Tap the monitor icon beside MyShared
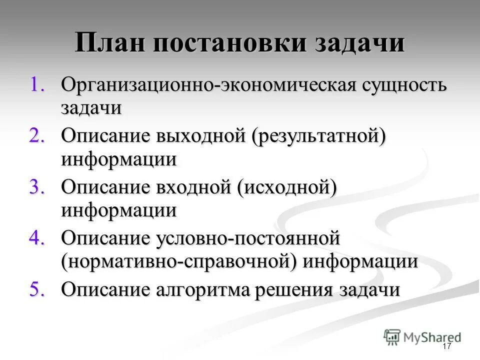392,336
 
